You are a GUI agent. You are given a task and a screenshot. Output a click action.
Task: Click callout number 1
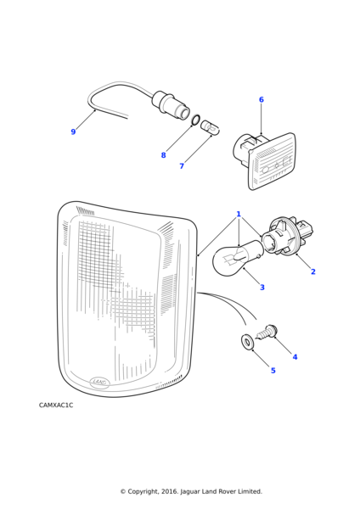[239, 214]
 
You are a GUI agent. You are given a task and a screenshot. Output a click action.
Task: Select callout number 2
[313, 271]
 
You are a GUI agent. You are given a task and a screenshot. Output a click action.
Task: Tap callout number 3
[262, 288]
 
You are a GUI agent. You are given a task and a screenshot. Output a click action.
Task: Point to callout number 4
[295, 357]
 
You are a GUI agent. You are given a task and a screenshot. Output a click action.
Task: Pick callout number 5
[273, 371]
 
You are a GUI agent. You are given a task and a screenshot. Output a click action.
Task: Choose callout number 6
[262, 99]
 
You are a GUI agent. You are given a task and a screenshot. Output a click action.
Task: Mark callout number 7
[182, 166]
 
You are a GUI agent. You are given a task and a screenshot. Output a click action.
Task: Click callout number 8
[163, 155]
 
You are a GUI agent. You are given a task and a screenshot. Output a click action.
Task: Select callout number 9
[73, 131]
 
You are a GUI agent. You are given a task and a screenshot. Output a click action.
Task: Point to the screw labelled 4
[267, 333]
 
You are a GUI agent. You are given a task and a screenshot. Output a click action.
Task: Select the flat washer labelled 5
[248, 342]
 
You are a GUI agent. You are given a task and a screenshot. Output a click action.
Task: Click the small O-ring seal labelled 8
[195, 120]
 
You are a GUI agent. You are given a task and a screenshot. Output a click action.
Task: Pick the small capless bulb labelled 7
[210, 128]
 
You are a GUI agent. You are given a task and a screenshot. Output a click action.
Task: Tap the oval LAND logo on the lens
[99, 382]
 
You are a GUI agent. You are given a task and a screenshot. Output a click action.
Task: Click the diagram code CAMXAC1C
[56, 406]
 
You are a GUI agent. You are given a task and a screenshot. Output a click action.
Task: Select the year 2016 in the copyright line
[169, 491]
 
